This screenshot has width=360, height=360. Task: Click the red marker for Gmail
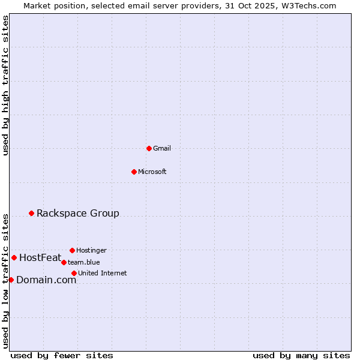[x=149, y=148]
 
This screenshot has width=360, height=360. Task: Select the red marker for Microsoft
[x=134, y=172]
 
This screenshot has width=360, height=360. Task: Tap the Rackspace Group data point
[x=31, y=213]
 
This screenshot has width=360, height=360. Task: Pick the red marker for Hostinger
[x=72, y=250]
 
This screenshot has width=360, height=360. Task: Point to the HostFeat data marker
[x=14, y=257]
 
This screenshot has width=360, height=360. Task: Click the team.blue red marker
[x=64, y=262]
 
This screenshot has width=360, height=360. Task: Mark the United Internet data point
[x=74, y=273]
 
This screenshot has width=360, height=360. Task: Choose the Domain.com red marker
[x=11, y=280]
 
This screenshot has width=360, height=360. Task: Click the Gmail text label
[x=162, y=148]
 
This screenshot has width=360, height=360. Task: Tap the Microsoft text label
[x=152, y=172]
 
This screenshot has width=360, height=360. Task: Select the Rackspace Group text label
[x=78, y=213]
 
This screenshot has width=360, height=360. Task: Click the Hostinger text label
[x=91, y=250]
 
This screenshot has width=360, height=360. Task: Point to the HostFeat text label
[x=40, y=258]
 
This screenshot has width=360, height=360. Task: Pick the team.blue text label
[x=84, y=262]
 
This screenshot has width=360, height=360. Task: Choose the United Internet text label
[x=103, y=273]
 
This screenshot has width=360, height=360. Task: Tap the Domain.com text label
[x=46, y=280]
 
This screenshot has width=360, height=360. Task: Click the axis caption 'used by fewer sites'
[x=62, y=355]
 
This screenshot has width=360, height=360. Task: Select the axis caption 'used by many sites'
[x=301, y=355]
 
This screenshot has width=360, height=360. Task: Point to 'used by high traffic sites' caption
[x=5, y=85]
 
